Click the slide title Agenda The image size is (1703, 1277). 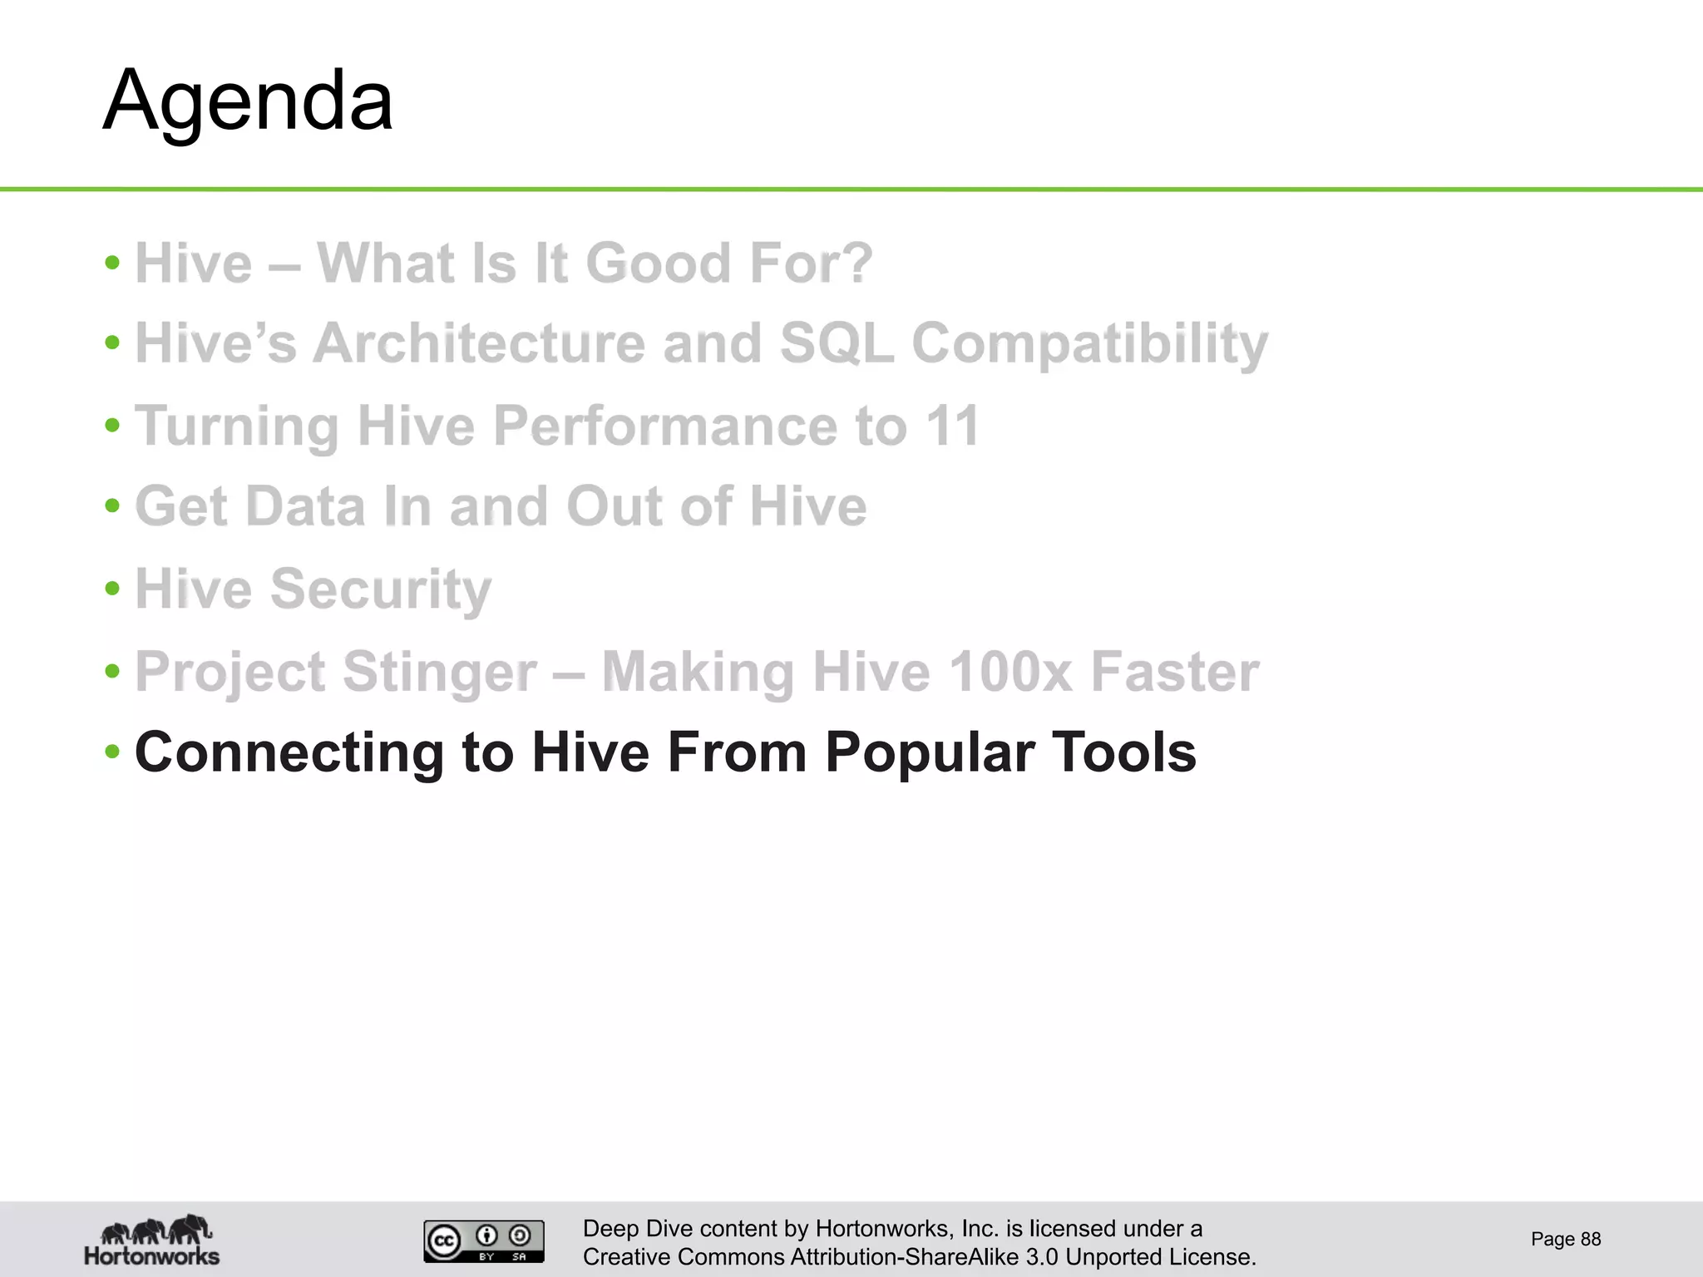(x=248, y=101)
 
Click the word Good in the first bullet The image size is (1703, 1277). (x=657, y=263)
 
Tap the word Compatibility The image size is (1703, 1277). (x=1089, y=344)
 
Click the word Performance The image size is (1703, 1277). (x=665, y=426)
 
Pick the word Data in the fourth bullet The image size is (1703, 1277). (x=305, y=506)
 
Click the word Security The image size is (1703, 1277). (x=380, y=589)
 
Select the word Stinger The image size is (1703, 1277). (x=439, y=672)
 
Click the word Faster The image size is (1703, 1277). (x=1174, y=671)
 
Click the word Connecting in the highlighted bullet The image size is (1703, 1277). (x=289, y=752)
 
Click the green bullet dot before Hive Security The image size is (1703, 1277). (x=113, y=589)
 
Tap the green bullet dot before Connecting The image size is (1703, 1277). (x=113, y=752)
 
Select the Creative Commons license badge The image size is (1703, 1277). (x=483, y=1240)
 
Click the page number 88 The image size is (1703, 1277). (x=1590, y=1239)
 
